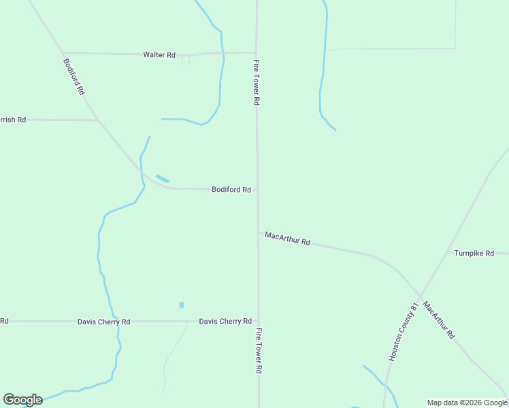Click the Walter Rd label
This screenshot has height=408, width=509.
point(159,55)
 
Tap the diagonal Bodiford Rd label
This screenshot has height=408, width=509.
point(73,76)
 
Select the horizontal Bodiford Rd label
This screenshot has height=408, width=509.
point(231,190)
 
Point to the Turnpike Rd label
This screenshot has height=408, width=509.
point(474,253)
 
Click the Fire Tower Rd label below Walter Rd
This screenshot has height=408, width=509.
point(257,82)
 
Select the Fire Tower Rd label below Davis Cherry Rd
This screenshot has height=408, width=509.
point(259,351)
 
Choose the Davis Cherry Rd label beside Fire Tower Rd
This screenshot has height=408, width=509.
point(225,321)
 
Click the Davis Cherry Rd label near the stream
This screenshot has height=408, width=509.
point(103,322)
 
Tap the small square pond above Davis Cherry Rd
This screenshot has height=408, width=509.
point(182,305)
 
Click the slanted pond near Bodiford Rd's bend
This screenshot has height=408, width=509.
point(163,179)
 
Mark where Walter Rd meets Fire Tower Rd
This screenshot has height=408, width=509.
point(256,52)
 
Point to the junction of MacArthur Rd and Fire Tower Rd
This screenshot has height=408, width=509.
point(258,233)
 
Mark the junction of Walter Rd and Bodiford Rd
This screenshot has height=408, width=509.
point(63,52)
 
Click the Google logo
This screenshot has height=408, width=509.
point(22,400)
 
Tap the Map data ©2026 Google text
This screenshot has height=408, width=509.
point(467,403)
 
